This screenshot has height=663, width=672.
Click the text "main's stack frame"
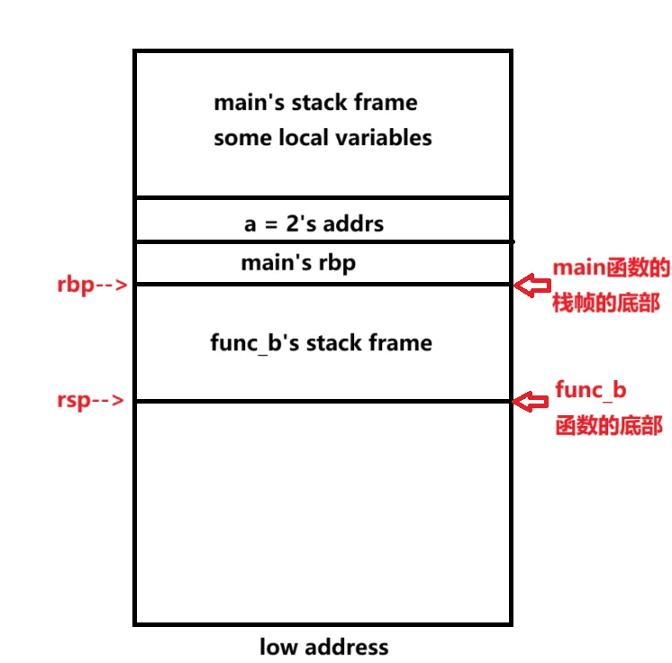pos(315,103)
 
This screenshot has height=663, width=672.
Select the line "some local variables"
pos(322,138)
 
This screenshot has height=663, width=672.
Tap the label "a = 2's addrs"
pos(313,223)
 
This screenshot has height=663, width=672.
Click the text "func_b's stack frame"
pos(321,343)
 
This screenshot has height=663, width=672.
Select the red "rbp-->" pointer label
pos(90,286)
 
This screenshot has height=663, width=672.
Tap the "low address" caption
pos(323,647)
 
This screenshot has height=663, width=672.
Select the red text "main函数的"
pos(611,268)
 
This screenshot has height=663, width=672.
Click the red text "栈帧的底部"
pos(605,304)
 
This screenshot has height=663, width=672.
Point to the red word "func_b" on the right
pos(590,390)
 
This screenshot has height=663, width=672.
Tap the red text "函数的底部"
pos(608,426)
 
